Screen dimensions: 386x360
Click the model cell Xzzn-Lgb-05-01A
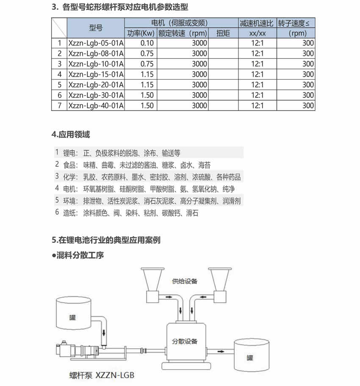point(96,43)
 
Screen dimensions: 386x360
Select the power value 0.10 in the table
point(147,43)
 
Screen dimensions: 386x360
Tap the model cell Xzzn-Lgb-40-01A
point(96,106)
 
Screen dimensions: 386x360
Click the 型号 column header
point(96,28)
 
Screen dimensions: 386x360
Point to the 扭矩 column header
point(223,33)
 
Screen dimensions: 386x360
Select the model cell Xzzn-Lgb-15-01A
point(96,74)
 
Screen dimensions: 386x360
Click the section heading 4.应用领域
point(70,135)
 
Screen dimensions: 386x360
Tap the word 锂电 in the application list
point(69,153)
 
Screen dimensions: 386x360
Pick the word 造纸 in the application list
point(69,213)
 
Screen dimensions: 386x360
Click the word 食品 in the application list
point(69,165)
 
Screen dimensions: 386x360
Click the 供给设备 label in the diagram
point(185,281)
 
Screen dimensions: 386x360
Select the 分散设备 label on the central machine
point(185,341)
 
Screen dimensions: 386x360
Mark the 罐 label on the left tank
point(75,317)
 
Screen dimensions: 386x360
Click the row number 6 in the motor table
point(59,95)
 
